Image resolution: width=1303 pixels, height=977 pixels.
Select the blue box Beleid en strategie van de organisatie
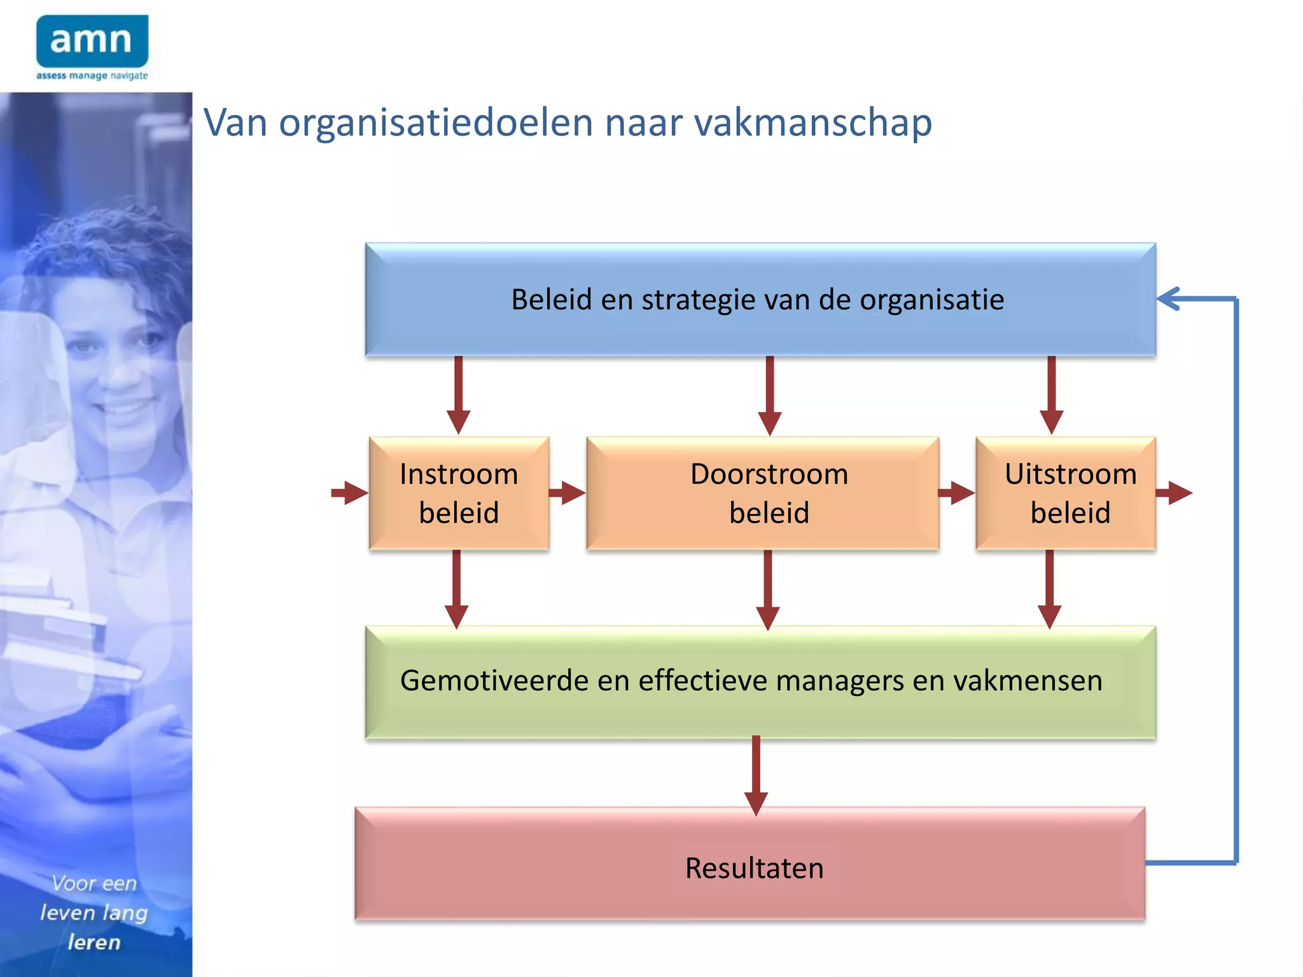click(760, 299)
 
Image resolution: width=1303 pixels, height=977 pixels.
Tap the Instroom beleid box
click(459, 493)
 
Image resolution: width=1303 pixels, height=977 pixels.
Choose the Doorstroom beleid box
click(762, 493)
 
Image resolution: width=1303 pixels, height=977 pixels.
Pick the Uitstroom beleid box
click(1066, 493)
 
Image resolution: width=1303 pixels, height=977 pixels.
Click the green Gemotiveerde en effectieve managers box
click(760, 681)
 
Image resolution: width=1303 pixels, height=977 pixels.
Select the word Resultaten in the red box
click(754, 868)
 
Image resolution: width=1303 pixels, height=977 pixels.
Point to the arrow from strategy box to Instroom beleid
click(458, 394)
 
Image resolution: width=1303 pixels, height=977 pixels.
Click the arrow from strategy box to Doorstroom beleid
click(770, 394)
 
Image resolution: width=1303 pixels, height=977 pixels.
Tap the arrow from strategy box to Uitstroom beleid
click(1051, 394)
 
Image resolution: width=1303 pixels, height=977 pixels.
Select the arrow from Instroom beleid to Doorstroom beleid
click(567, 492)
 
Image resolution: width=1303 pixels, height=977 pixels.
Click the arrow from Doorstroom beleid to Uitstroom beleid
click(956, 492)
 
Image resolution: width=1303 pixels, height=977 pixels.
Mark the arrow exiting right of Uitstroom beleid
click(1174, 492)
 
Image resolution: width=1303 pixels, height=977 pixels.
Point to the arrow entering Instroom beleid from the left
click(350, 492)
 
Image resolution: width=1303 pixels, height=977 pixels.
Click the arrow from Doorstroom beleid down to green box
click(768, 588)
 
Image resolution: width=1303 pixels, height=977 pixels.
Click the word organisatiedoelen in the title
click(436, 122)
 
